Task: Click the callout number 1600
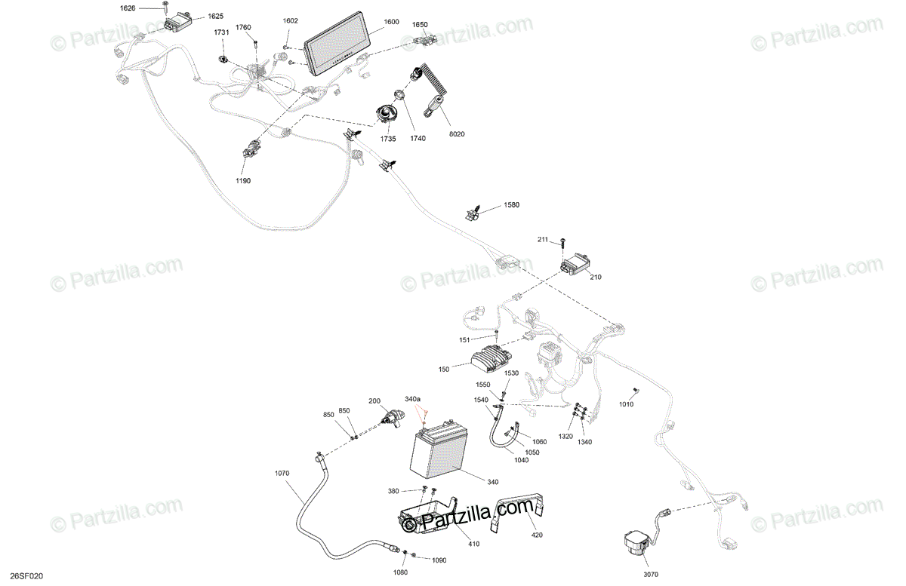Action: [x=390, y=22]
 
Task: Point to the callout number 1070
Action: [x=282, y=474]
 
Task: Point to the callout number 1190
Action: [x=242, y=181]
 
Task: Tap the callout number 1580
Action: [x=512, y=205]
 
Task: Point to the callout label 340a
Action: [x=413, y=398]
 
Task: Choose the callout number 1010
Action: [x=627, y=404]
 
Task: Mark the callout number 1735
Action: [x=388, y=139]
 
